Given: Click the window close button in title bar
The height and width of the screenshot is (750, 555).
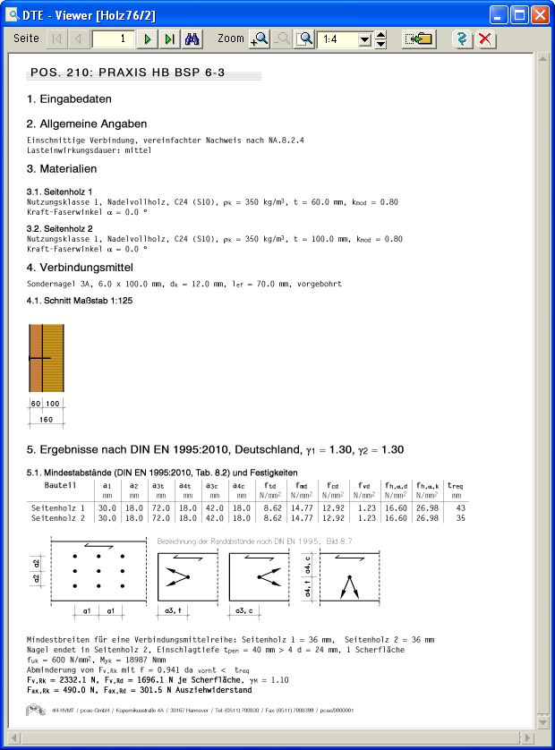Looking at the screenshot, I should [x=540, y=15].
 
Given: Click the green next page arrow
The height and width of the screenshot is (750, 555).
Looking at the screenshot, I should [x=148, y=39].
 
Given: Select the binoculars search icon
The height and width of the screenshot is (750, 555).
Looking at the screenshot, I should [x=192, y=39].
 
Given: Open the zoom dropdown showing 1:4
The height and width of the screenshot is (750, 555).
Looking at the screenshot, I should [x=364, y=39].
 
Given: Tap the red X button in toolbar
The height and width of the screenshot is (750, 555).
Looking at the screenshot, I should [x=485, y=39].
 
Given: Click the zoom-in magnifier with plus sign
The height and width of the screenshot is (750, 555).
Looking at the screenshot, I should [x=260, y=39].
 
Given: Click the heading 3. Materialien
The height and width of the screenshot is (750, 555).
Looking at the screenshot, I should [x=62, y=168].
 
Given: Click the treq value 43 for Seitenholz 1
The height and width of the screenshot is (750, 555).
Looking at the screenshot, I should [x=460, y=508].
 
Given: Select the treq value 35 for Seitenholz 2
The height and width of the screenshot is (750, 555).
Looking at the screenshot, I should [x=460, y=517].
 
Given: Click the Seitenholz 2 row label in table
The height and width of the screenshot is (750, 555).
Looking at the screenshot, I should [x=57, y=517].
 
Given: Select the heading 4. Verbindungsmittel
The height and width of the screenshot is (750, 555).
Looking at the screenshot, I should [x=80, y=268].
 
